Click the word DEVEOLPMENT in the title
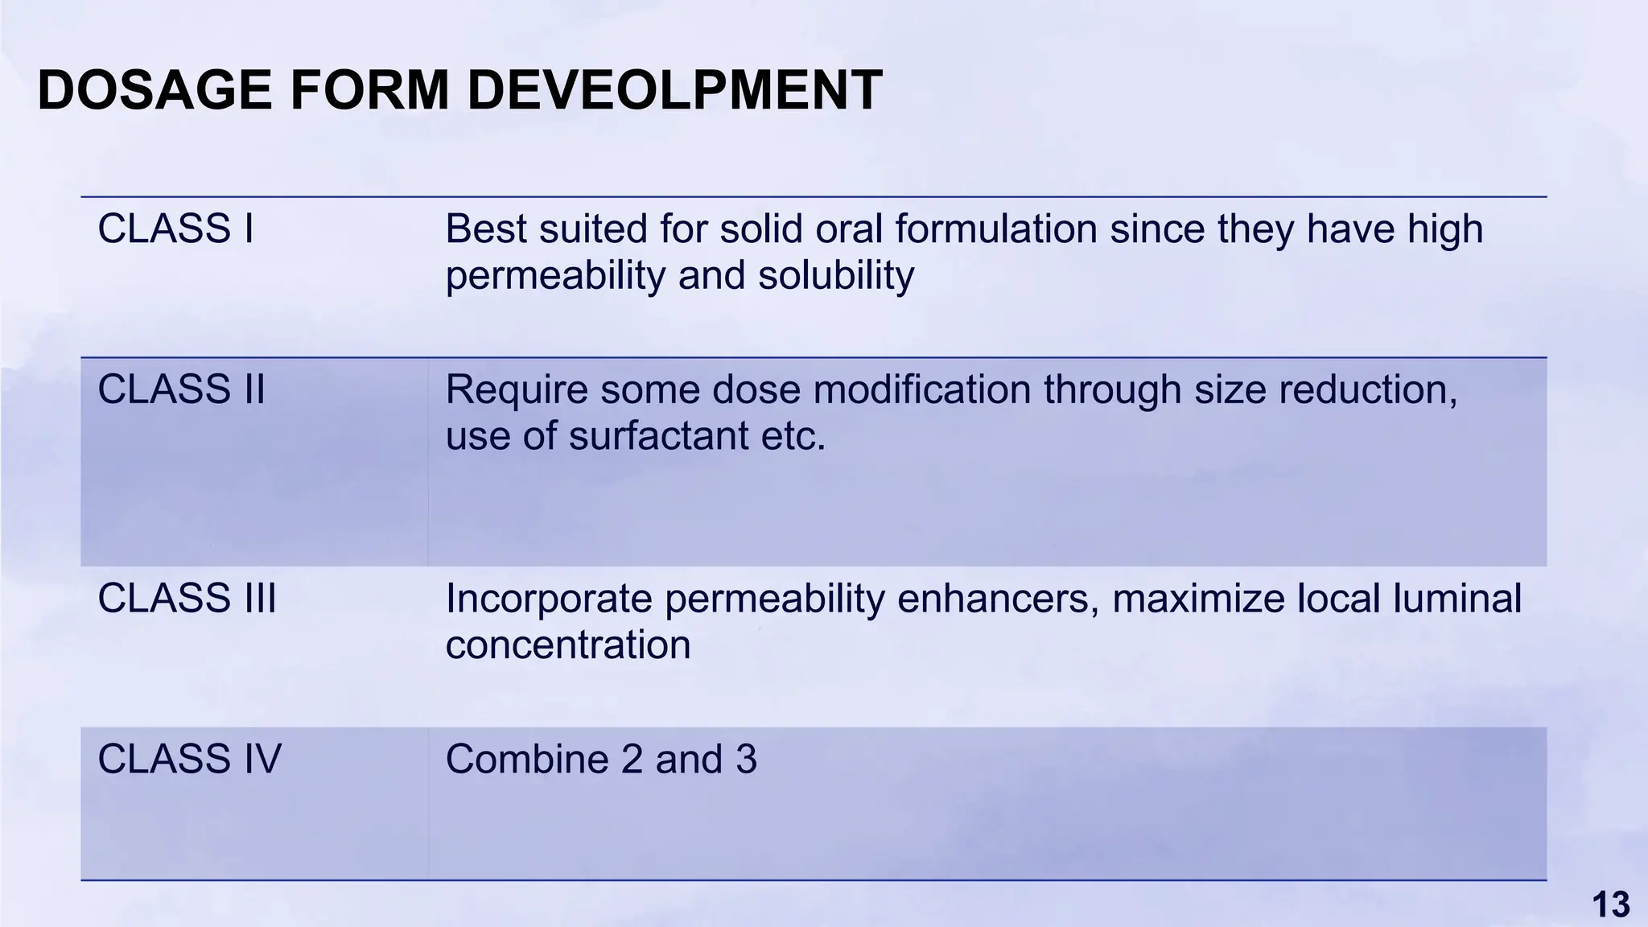(x=674, y=90)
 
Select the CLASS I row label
(x=175, y=229)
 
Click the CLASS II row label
(x=181, y=390)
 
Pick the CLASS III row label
(x=187, y=599)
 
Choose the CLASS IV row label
(x=189, y=760)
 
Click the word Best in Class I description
(x=485, y=229)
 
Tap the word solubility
(x=835, y=276)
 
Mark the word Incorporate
(x=548, y=599)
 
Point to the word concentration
(x=567, y=645)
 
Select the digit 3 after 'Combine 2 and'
(x=746, y=760)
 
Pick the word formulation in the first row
(x=995, y=229)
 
